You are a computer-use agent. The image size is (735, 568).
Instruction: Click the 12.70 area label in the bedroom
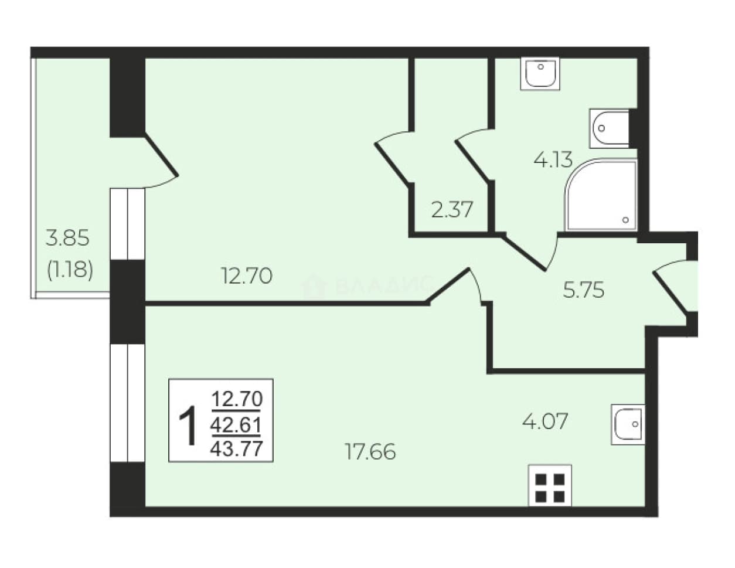(247, 276)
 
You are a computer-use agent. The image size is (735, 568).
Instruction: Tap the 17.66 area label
(370, 451)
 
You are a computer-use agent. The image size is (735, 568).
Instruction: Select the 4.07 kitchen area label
(545, 421)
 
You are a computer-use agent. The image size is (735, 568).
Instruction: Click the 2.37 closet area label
(451, 209)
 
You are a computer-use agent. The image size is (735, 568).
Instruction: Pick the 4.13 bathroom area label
(553, 159)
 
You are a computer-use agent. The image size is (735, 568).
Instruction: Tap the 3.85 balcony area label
(67, 237)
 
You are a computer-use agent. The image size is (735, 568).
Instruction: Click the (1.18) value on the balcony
(70, 270)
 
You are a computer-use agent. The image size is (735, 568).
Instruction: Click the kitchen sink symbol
(628, 424)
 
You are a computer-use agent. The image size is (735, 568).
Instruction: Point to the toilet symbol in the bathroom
(610, 128)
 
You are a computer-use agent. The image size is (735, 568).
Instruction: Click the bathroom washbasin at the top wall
(540, 73)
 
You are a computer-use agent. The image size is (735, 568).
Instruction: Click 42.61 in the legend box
(236, 425)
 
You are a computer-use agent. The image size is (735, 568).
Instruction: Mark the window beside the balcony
(128, 223)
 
